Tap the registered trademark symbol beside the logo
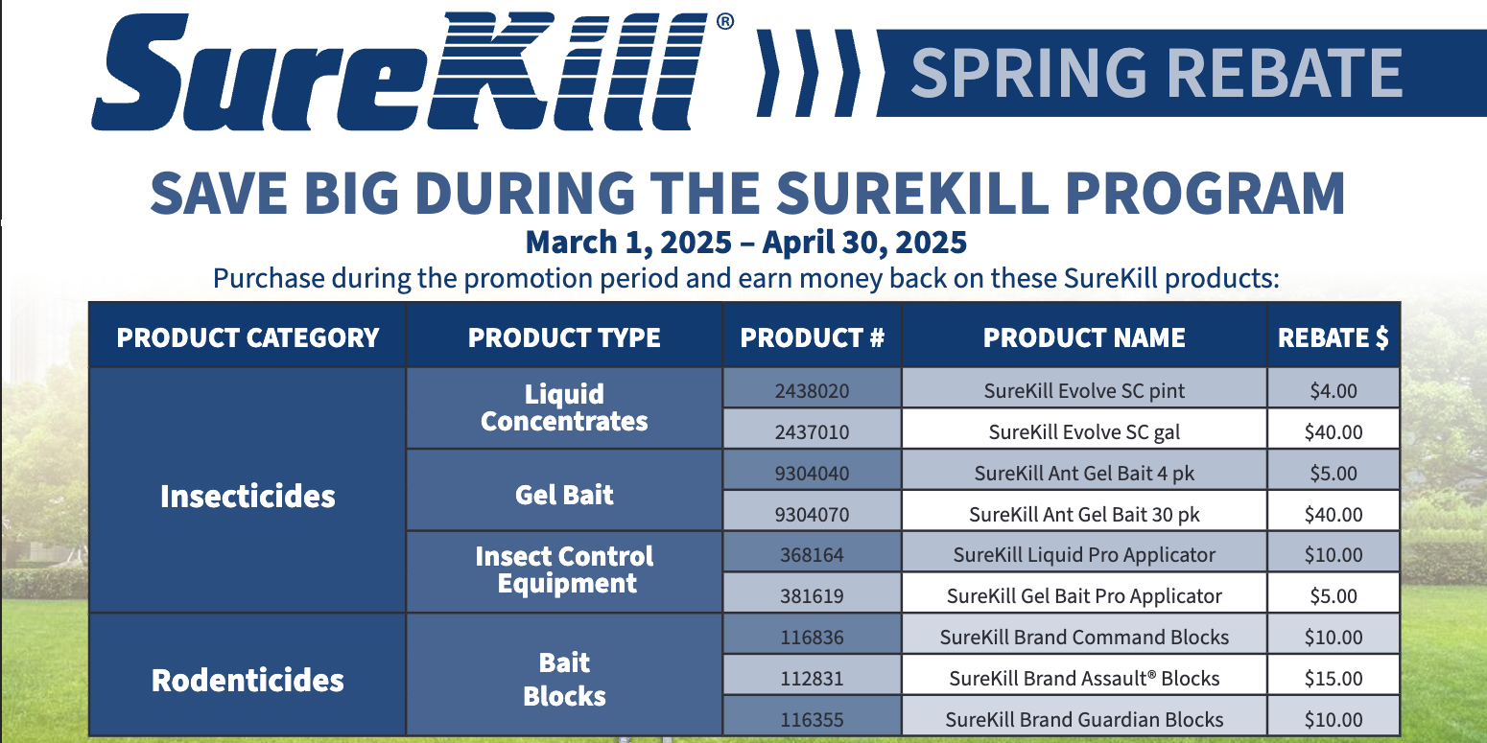(725, 22)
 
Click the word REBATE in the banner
(1284, 73)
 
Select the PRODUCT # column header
(812, 337)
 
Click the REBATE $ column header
(1333, 337)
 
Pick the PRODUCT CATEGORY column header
(248, 337)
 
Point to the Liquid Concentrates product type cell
(564, 408)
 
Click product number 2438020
(812, 391)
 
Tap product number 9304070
(812, 514)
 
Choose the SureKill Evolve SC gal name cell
(1084, 431)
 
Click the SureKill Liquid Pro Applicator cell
(1084, 554)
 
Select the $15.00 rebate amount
(1333, 678)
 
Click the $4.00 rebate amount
(1333, 391)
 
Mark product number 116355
(812, 719)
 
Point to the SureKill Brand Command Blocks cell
(1084, 637)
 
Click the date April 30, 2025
(864, 243)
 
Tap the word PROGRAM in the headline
(1205, 193)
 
